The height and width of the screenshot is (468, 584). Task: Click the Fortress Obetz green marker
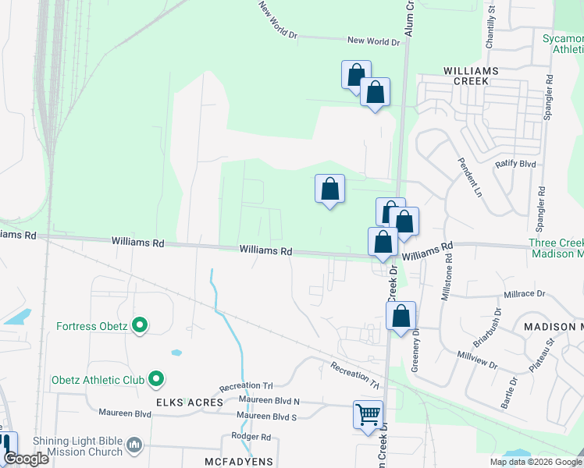click(140, 325)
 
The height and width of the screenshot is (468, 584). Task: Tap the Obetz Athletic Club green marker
click(156, 380)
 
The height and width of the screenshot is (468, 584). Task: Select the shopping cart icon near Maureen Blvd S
click(368, 414)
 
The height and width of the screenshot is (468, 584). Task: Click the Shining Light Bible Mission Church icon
click(135, 445)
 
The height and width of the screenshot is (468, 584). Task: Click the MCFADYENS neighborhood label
click(239, 462)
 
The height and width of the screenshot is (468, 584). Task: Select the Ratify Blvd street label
click(516, 165)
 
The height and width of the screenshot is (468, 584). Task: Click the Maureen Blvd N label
click(269, 400)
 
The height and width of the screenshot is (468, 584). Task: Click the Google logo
click(26, 459)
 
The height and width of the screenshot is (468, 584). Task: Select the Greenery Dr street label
click(416, 349)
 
